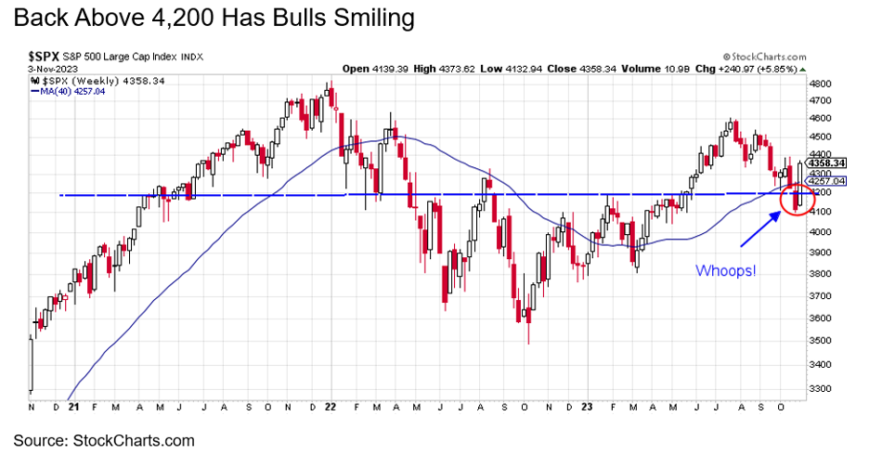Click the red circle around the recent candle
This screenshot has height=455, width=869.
(796, 198)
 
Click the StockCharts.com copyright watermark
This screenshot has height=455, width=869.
(764, 57)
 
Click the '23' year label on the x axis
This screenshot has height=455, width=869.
(587, 407)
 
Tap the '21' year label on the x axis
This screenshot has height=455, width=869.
(73, 407)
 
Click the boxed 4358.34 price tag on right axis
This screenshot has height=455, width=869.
(825, 162)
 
